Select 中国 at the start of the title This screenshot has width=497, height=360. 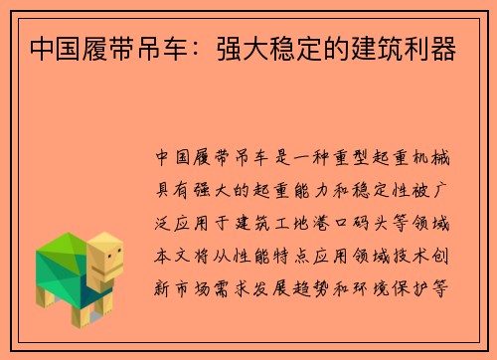[53, 48]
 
